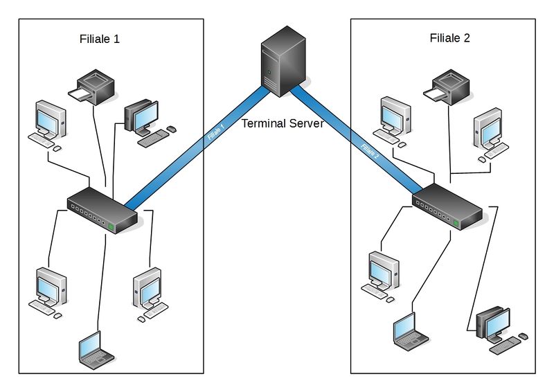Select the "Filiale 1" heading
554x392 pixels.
(x=100, y=39)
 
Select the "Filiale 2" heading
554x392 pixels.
(x=450, y=38)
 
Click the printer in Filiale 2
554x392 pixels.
(x=449, y=86)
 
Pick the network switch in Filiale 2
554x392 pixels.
(x=447, y=206)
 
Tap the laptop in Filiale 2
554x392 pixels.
(x=410, y=332)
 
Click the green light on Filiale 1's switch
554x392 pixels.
(x=110, y=226)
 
